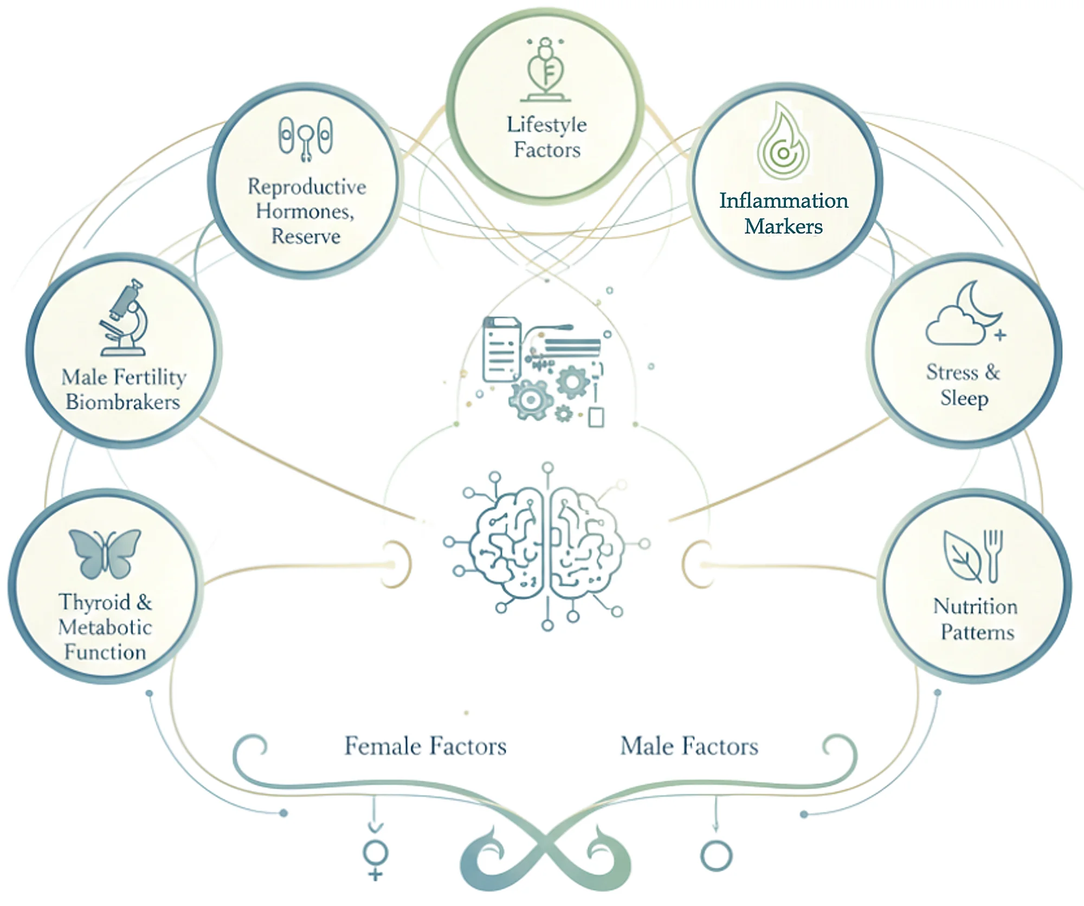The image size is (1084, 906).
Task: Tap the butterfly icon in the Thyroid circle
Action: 105,553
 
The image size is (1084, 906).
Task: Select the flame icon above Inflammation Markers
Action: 783,142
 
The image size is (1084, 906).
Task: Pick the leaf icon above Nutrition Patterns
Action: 962,556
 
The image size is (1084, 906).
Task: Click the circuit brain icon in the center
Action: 546,545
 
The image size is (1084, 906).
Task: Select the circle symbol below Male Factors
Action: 716,856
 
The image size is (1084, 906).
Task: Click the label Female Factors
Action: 425,746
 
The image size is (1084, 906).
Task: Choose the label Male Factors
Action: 689,746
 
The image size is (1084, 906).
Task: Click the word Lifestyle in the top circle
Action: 546,125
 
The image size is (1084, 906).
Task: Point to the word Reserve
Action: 306,236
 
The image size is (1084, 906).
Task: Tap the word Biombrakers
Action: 123,402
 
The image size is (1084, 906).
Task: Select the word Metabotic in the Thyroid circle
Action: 105,627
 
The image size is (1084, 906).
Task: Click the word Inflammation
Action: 783,201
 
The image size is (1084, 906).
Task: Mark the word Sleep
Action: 964,398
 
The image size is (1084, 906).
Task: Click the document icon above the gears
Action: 501,350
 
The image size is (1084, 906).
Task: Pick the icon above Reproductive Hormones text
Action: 306,138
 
